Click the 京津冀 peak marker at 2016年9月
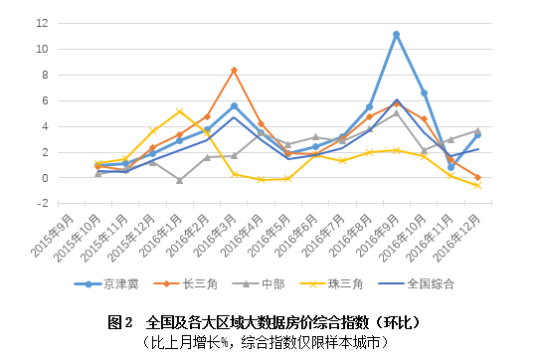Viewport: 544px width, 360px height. tap(396, 35)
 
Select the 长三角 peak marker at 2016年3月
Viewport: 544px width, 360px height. tap(234, 70)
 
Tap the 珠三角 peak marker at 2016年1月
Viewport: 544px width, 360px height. tap(179, 111)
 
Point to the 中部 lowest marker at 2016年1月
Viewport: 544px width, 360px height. tap(179, 180)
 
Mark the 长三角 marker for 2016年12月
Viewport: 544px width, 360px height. tap(477, 177)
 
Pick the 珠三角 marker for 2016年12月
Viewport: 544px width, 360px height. tap(477, 186)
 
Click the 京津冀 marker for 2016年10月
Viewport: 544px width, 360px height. tap(424, 92)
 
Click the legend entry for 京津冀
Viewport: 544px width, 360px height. tap(110, 283)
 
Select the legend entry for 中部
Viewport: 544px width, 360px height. tap(266, 283)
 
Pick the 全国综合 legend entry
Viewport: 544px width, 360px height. tap(423, 283)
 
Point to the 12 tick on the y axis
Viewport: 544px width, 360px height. tap(41, 23)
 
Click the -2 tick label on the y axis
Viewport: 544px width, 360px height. tap(41, 203)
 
